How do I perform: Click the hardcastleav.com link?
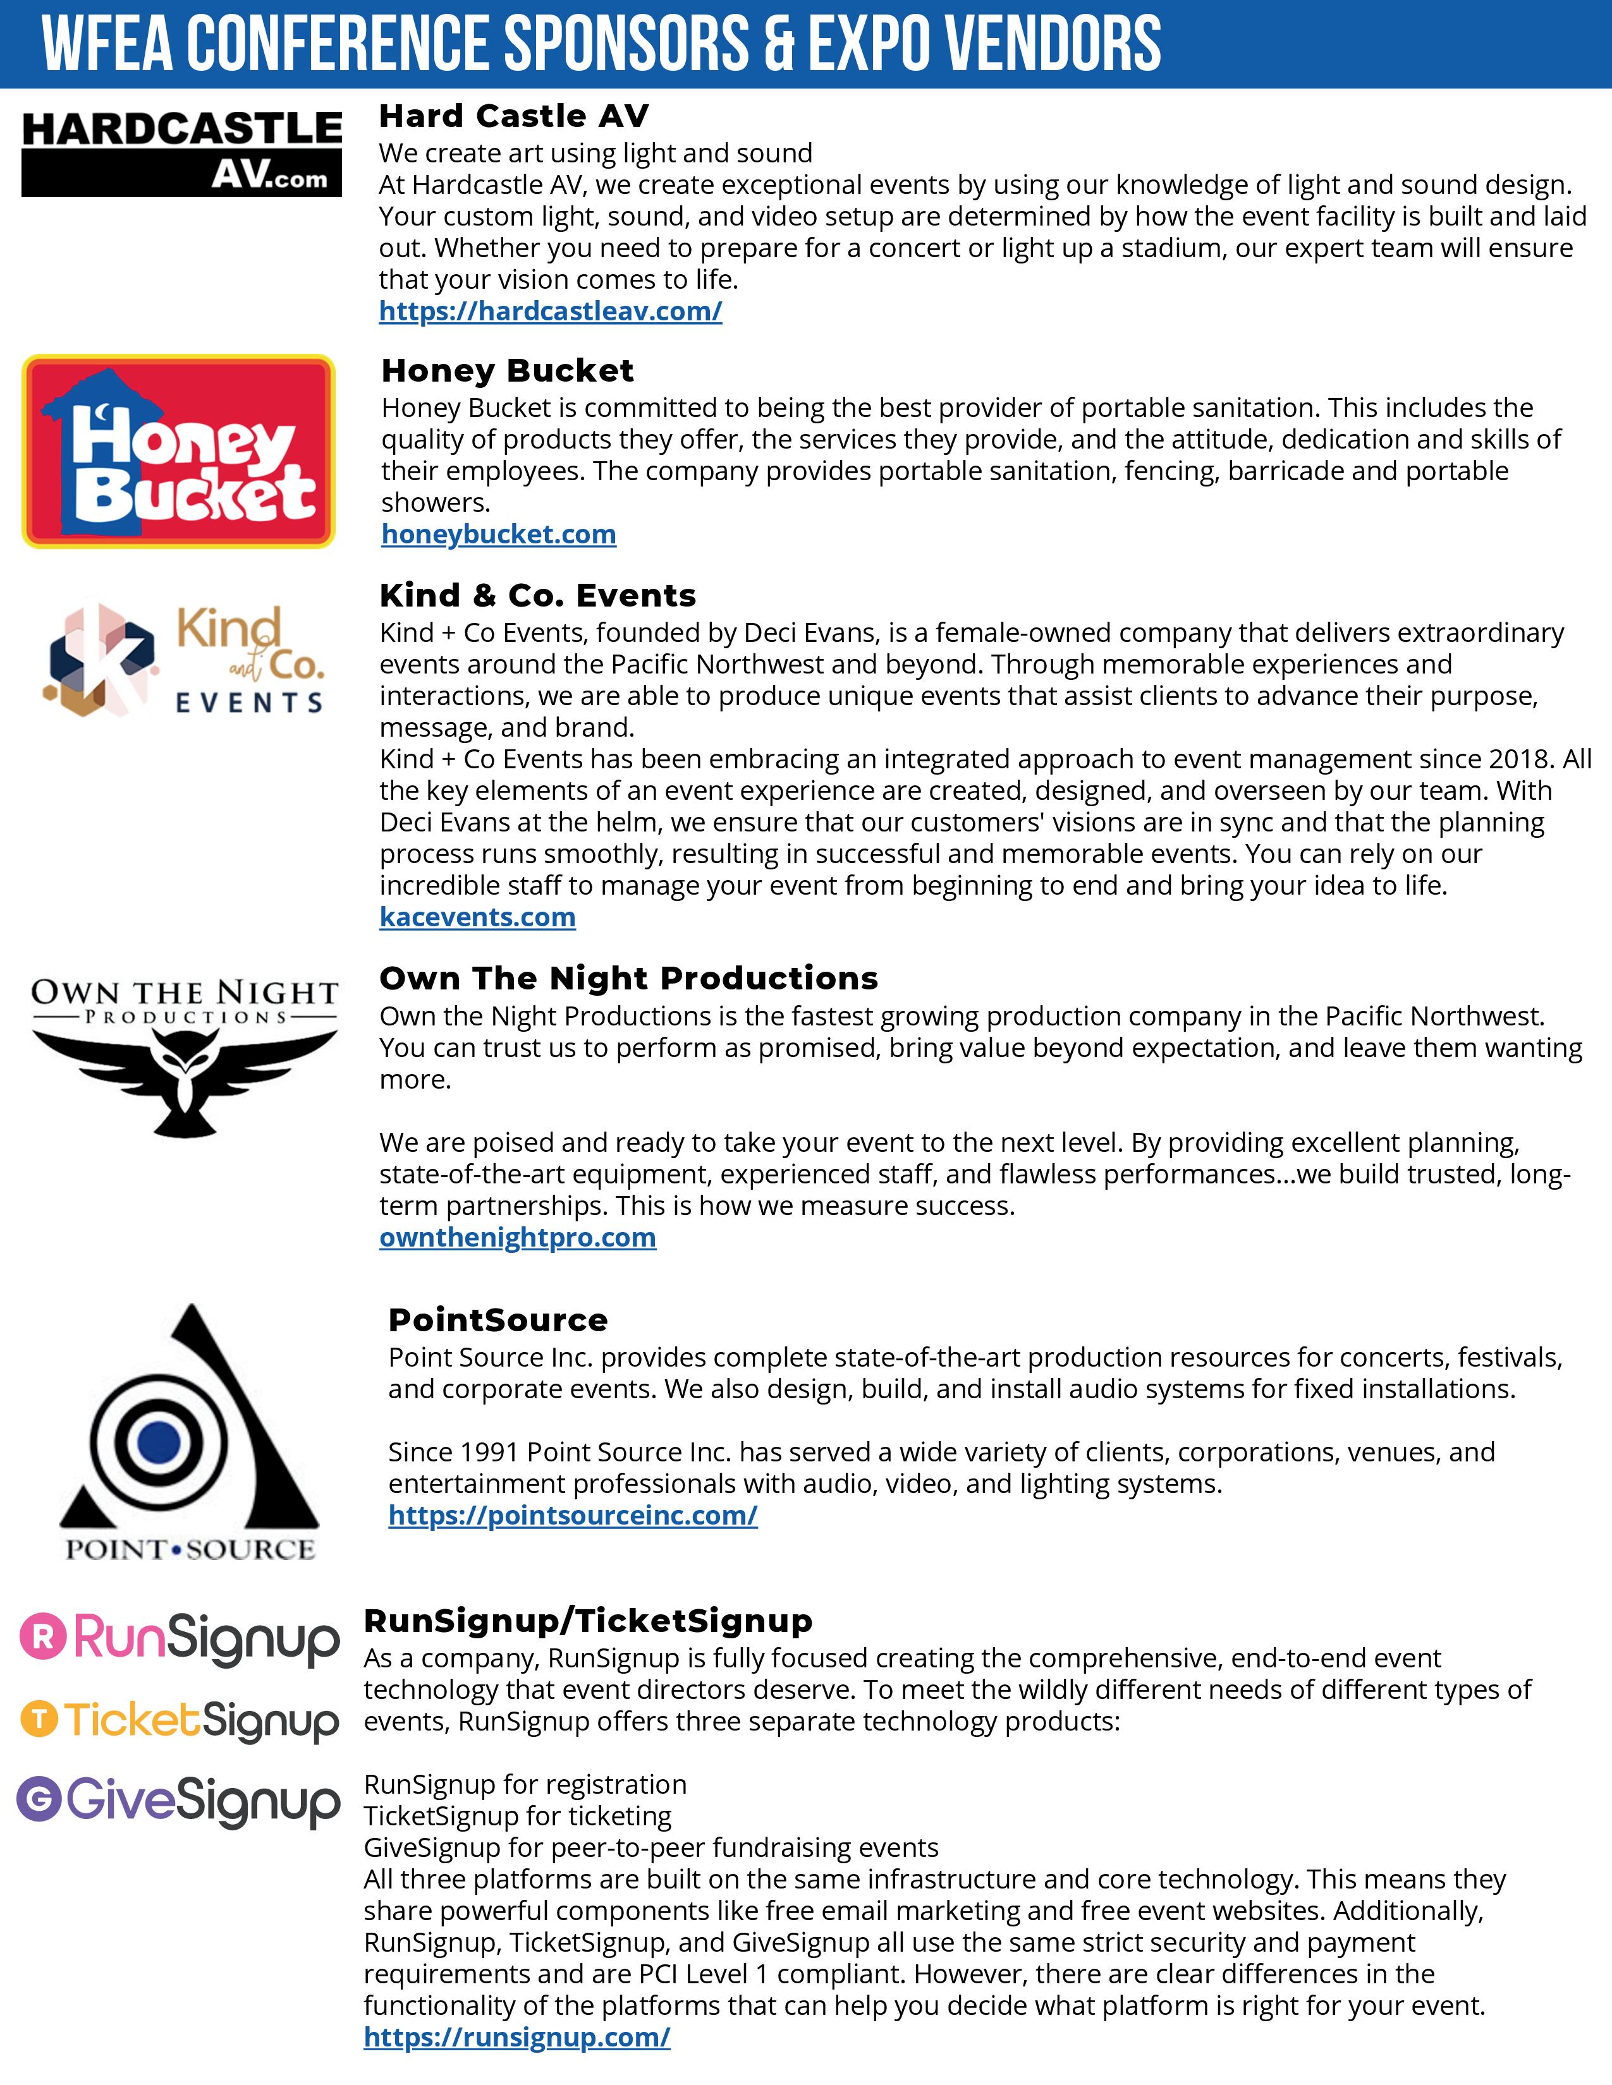pos(550,311)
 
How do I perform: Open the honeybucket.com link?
pos(499,534)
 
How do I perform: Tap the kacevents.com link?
pos(477,917)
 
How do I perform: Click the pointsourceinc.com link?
pos(573,1515)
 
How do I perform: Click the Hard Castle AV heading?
pos(514,116)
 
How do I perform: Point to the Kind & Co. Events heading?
pos(538,596)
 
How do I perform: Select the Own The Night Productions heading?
pos(628,979)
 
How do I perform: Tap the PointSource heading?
pos(498,1320)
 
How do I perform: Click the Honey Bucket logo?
pos(178,452)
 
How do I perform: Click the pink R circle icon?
pos(43,1636)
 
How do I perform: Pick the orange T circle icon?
pos(39,1719)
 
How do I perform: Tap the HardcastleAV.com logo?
pos(181,153)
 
